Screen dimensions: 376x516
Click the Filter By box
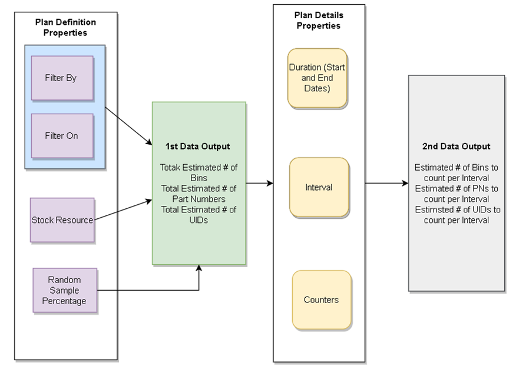[x=62, y=78]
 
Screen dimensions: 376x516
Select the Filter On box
[x=62, y=135]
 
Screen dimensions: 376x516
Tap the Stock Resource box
[x=62, y=220]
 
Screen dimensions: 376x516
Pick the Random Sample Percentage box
[x=65, y=290]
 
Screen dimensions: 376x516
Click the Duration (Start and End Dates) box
[x=317, y=78]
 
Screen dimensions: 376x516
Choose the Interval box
[x=319, y=187]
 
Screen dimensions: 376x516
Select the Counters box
[x=321, y=300]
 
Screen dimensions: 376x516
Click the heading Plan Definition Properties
[x=65, y=28]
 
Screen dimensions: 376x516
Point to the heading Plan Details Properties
[x=318, y=21]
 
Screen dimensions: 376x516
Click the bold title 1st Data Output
[x=199, y=146]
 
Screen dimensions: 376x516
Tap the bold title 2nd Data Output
[x=456, y=147]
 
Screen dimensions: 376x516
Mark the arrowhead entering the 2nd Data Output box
[x=405, y=183]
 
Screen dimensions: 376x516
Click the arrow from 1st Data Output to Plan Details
[x=259, y=183]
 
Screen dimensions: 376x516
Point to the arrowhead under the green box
[x=199, y=269]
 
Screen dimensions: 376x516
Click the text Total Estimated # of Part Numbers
[x=199, y=194]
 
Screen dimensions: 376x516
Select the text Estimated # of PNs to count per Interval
[x=456, y=194]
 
